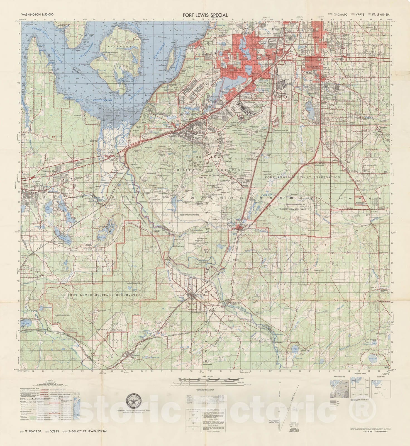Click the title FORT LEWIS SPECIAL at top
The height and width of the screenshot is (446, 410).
205,15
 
